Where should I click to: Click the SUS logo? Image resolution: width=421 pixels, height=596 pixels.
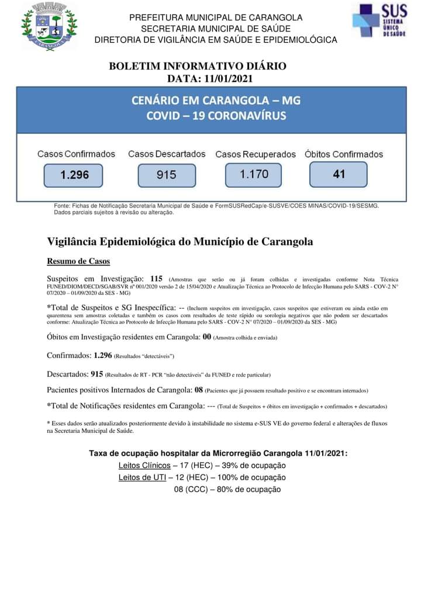pos(379,22)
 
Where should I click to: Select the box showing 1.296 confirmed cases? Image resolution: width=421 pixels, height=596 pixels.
pos(73,175)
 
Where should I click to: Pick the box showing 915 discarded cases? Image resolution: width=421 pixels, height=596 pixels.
pos(166,175)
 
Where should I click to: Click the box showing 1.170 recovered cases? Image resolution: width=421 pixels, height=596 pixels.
pos(254,174)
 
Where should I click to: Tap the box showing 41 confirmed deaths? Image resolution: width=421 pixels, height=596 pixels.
pos(339,174)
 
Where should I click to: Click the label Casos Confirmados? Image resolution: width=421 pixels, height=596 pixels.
pos(76,154)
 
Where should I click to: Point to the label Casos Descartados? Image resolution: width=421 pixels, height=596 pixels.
pos(167,154)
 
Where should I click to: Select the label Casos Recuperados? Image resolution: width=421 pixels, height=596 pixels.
pos(256,154)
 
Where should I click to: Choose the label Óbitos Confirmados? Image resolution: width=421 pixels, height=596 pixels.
pos(344,154)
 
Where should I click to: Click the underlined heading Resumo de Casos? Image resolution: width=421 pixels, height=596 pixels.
pos(78,261)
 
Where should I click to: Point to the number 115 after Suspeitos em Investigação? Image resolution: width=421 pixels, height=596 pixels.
pos(156,279)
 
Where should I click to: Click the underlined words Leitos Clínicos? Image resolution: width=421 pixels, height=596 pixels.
pos(144,466)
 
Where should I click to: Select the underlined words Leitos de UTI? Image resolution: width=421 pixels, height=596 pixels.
pos(142,477)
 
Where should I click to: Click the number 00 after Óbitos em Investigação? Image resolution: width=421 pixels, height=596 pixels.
pos(207,337)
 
